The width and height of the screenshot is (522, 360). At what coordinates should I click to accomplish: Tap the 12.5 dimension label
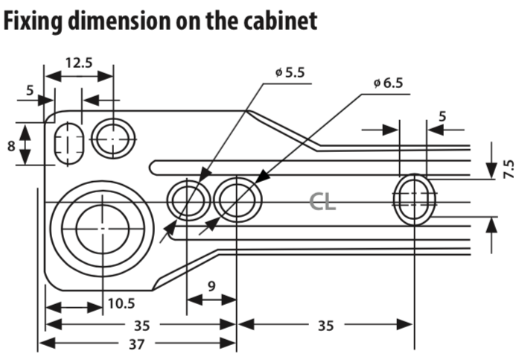(x=78, y=62)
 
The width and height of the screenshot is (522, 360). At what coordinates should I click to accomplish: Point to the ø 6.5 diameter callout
(x=387, y=82)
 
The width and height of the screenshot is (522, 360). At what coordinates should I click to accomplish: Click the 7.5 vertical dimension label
(x=509, y=167)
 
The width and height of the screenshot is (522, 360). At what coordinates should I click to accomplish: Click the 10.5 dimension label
(x=120, y=303)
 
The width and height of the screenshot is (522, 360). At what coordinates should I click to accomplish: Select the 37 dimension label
(x=135, y=344)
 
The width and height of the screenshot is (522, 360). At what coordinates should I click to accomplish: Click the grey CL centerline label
(x=323, y=201)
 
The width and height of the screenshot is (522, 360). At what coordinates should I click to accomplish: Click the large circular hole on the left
(x=102, y=226)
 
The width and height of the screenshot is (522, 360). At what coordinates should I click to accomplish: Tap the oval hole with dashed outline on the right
(x=413, y=199)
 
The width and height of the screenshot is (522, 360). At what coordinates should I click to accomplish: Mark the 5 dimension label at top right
(x=442, y=116)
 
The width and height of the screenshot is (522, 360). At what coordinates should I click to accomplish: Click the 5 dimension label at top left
(x=30, y=91)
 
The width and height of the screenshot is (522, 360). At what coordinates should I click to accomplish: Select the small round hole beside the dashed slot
(x=114, y=138)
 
